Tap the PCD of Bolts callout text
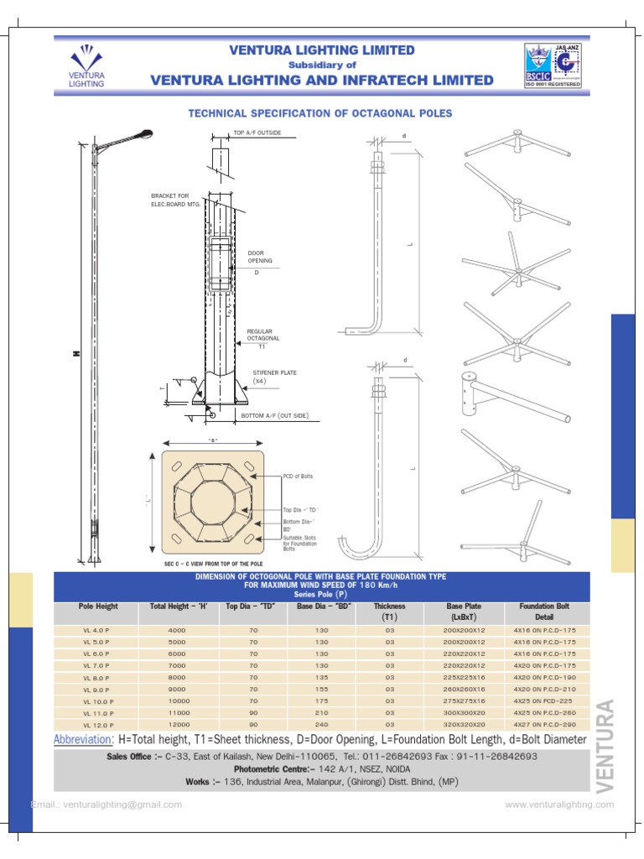pos(299,476)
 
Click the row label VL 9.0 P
pos(98,689)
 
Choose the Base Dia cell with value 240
pos(320,724)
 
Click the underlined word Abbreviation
pos(82,739)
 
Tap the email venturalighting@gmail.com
pos(106,804)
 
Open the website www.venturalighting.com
pos(559,804)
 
